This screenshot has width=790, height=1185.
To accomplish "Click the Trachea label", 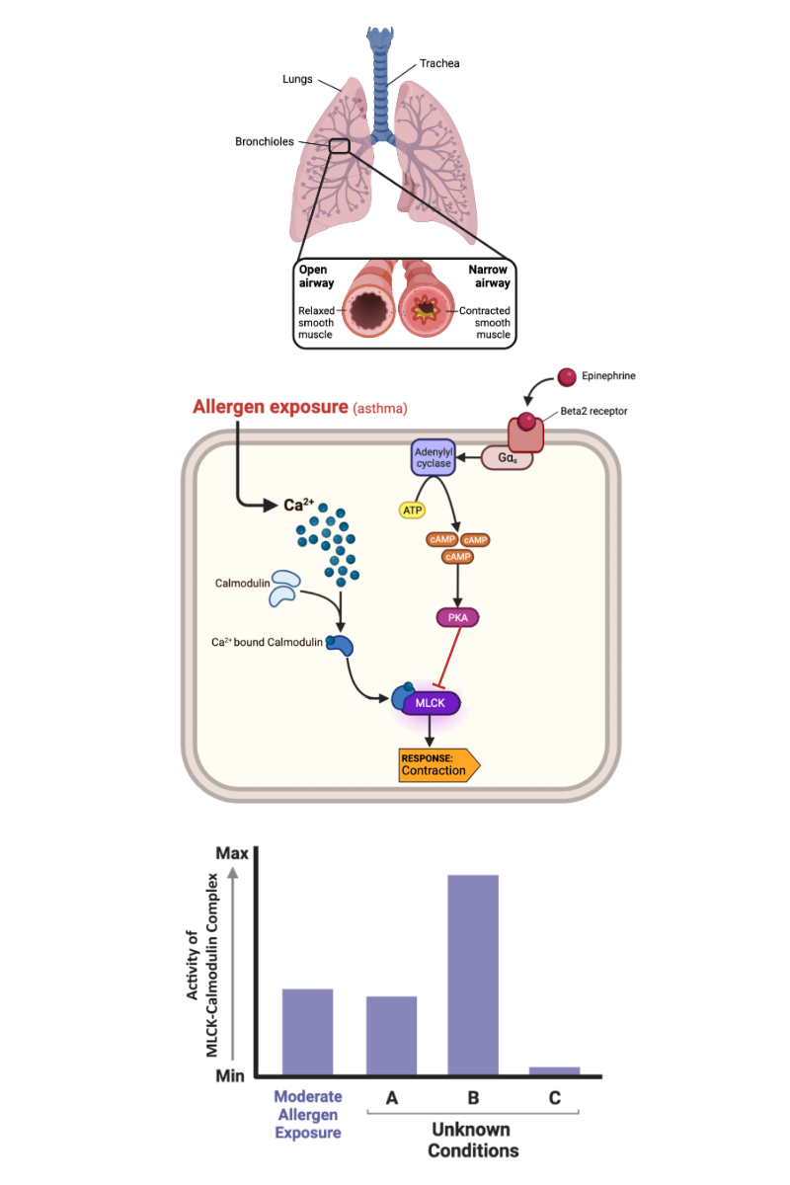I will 439,63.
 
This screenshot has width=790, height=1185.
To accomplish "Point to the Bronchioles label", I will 265,141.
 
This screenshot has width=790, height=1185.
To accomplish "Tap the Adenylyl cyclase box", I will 432,457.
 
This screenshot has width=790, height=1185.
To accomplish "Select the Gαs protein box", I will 507,457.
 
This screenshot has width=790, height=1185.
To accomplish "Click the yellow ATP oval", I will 412,510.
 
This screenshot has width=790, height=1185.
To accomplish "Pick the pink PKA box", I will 457,618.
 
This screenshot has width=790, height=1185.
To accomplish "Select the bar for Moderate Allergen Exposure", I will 307,1031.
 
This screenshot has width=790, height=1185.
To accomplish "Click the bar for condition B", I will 472,975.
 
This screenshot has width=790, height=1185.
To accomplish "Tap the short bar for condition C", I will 555,1070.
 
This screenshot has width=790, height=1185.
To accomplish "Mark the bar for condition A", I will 391,1035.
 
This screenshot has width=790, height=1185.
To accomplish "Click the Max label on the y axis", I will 231,852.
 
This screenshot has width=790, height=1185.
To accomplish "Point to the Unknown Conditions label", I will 473,1140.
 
